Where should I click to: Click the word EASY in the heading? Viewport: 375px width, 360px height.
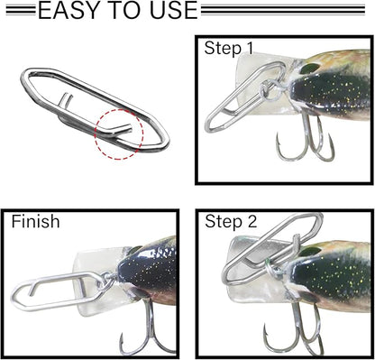(70, 12)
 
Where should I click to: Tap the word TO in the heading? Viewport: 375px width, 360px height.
(125, 12)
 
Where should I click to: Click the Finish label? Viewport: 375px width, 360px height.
(36, 222)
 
